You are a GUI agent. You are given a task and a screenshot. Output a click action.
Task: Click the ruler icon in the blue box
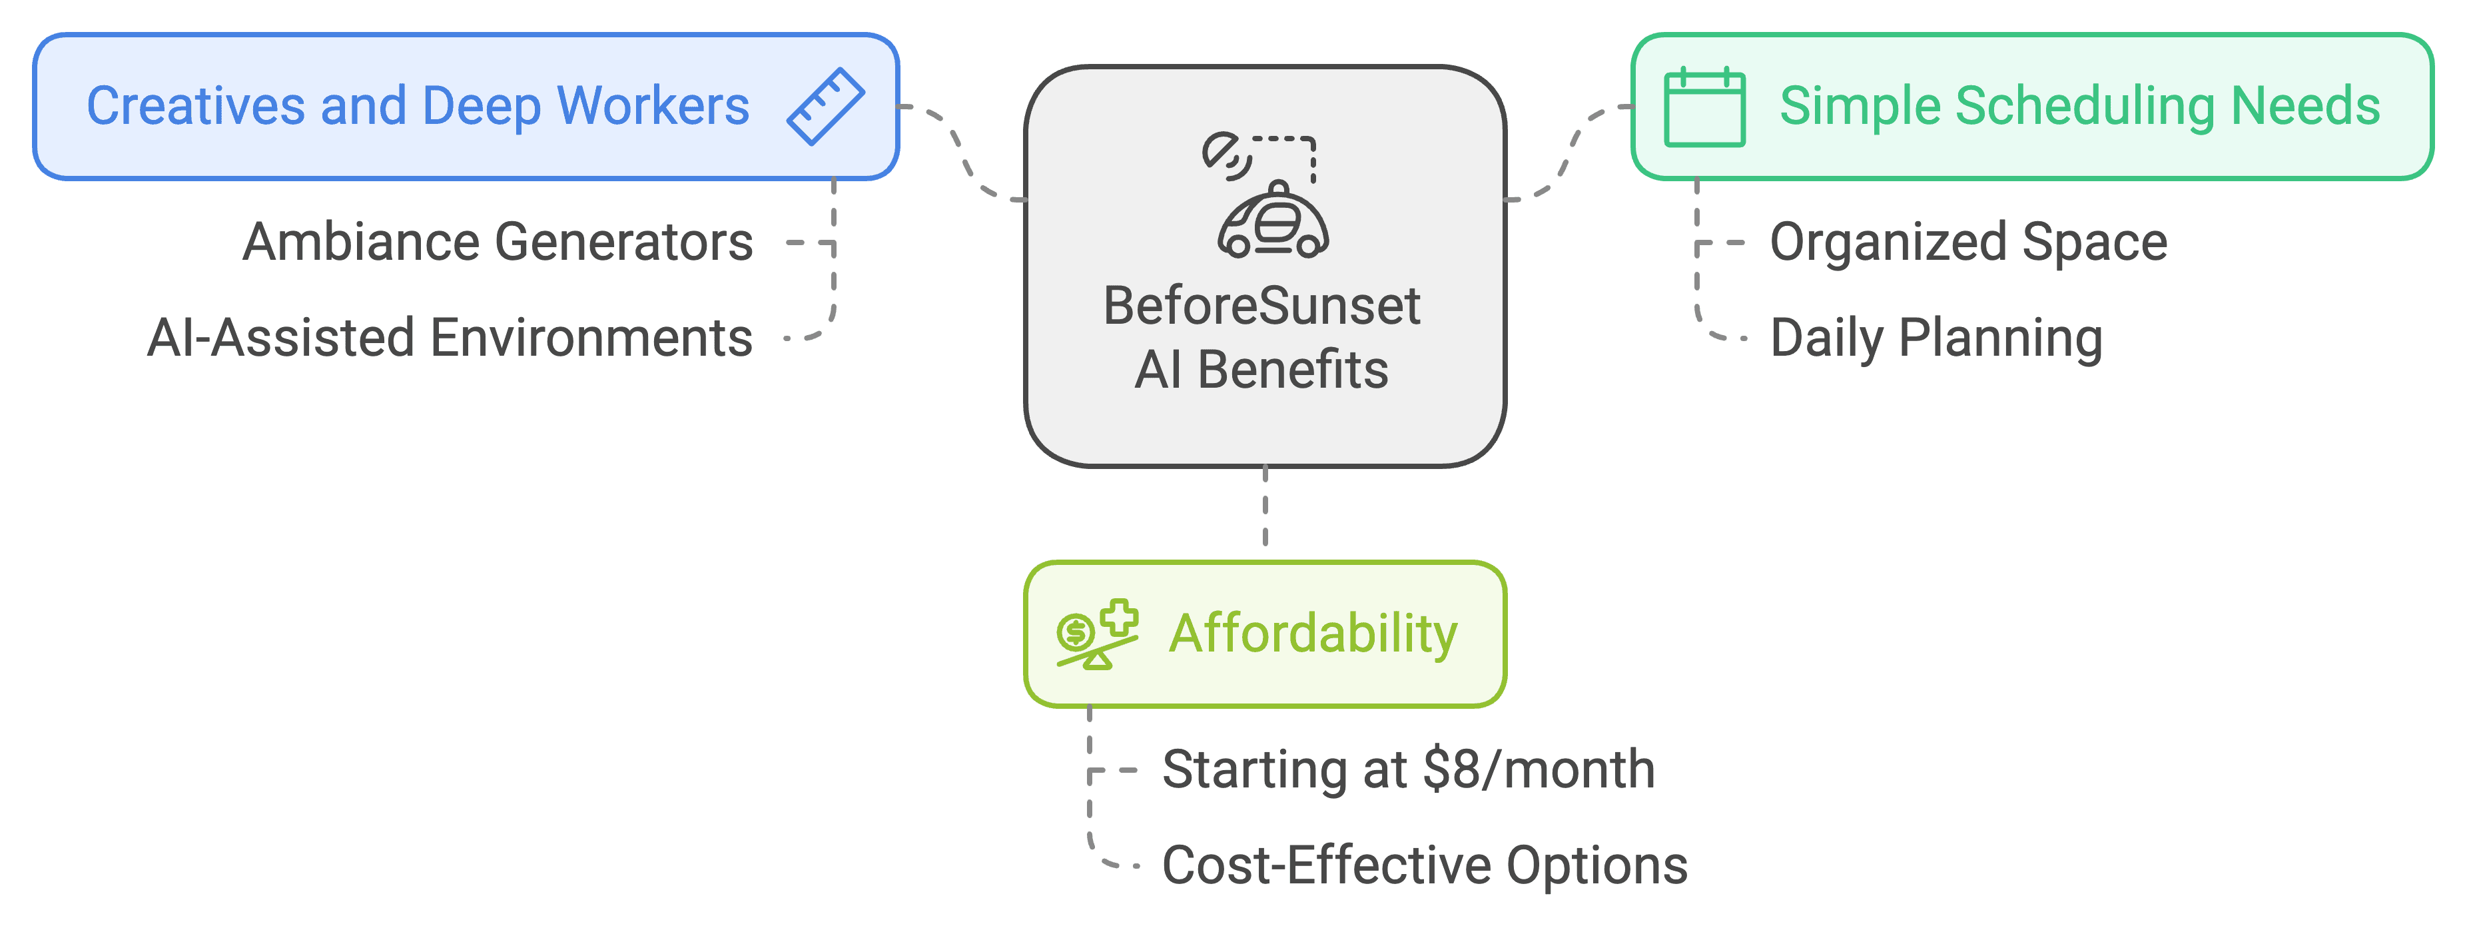click(825, 107)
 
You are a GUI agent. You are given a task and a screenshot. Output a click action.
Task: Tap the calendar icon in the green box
click(1704, 107)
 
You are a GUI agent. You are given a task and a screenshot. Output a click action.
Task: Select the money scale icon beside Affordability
click(1096, 634)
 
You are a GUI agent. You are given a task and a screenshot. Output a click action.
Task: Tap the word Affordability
click(1313, 634)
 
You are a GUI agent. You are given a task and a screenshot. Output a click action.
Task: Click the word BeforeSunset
click(1261, 306)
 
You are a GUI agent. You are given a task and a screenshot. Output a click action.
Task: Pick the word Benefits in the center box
click(1292, 370)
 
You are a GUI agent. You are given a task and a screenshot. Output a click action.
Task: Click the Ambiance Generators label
click(498, 242)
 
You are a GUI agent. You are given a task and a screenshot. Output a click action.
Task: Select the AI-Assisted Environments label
click(450, 338)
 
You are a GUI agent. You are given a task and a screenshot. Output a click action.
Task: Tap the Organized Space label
click(1968, 242)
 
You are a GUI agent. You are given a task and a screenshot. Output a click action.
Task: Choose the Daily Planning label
click(1936, 338)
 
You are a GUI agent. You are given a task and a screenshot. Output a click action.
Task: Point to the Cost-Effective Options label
click(1424, 866)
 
